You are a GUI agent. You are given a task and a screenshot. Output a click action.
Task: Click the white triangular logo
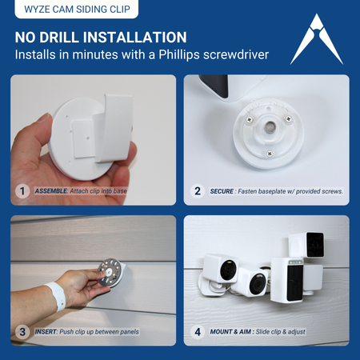(316, 40)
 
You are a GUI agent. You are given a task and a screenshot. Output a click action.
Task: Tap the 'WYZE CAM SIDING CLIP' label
(77, 9)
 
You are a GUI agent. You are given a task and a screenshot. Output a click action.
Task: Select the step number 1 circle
(22, 191)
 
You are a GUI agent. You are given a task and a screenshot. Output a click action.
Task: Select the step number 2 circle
(198, 191)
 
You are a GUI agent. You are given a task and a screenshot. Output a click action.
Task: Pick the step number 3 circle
(22, 332)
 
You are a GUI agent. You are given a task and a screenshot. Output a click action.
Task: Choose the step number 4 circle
(198, 332)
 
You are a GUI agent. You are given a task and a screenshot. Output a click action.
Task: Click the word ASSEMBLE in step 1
(51, 191)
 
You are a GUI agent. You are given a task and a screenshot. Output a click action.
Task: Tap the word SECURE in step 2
(222, 191)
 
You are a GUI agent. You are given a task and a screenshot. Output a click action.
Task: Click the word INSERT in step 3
(46, 332)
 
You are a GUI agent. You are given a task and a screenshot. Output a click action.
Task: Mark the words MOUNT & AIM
(230, 332)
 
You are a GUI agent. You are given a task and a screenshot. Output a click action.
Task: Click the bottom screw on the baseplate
(270, 154)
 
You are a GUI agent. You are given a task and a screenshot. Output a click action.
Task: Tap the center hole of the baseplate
(270, 125)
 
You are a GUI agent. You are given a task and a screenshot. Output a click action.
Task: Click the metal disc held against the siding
(110, 273)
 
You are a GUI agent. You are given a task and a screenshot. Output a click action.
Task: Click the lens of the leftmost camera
(228, 270)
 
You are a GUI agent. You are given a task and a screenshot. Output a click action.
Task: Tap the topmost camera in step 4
(306, 245)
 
